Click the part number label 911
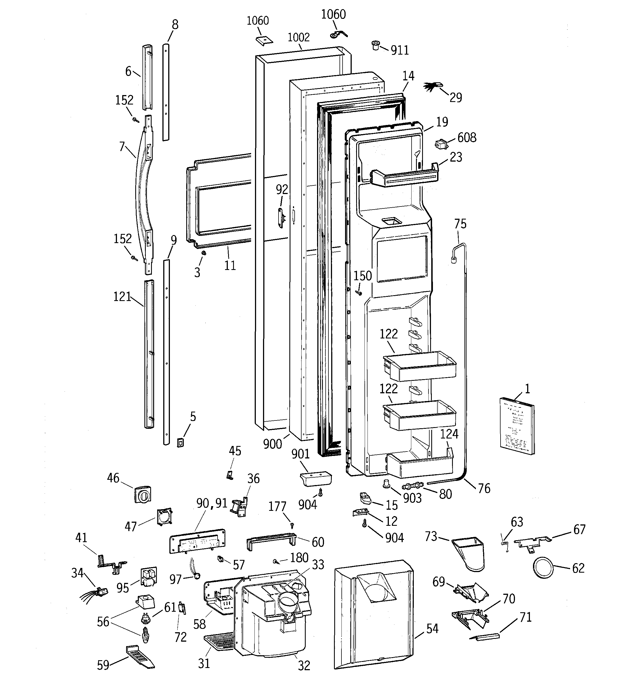[x=400, y=51]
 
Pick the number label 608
[x=467, y=138]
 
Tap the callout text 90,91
[x=212, y=503]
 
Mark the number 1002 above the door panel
[x=298, y=37]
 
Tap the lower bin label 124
[x=449, y=434]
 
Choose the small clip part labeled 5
[x=180, y=442]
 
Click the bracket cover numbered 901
[x=315, y=479]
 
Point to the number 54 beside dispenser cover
[x=432, y=629]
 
